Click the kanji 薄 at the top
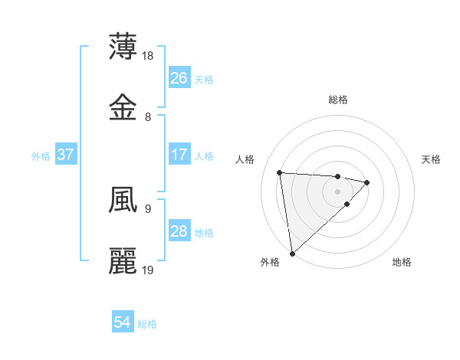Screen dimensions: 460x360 tap(123, 47)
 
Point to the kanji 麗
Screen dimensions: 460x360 tap(123, 261)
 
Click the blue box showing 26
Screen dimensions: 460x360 tap(179, 77)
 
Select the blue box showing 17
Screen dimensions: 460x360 tap(179, 155)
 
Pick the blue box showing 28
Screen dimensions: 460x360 tap(179, 231)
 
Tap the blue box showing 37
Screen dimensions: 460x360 tap(66, 155)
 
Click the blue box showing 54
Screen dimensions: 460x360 tap(123, 322)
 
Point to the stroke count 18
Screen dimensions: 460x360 tap(149, 55)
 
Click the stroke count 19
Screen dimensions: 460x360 tap(149, 270)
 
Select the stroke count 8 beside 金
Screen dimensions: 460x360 tap(148, 117)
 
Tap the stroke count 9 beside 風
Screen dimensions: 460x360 tap(148, 208)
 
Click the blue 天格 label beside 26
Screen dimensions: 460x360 tap(204, 79)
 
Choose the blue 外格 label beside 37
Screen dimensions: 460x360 tap(41, 156)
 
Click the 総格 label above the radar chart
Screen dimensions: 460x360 tap(338, 100)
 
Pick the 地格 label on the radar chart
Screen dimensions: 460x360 tap(402, 262)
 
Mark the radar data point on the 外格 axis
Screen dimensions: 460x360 tap(292, 253)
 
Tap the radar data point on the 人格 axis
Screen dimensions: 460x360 tap(280, 172)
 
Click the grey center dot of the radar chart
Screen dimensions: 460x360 tap(337, 191)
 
